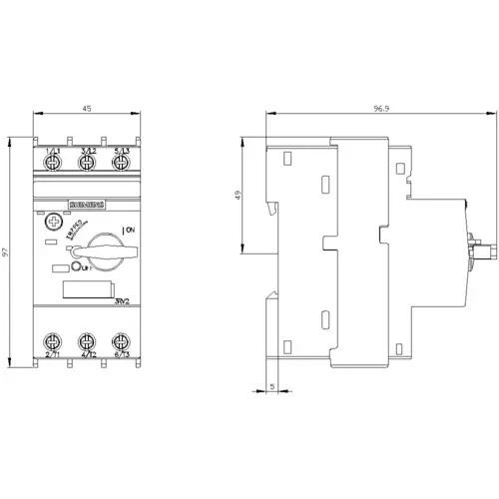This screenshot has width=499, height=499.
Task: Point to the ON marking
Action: click(x=129, y=231)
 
